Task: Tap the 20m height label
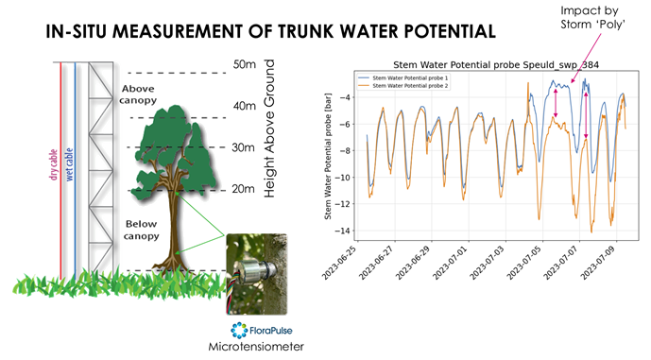click(244, 189)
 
